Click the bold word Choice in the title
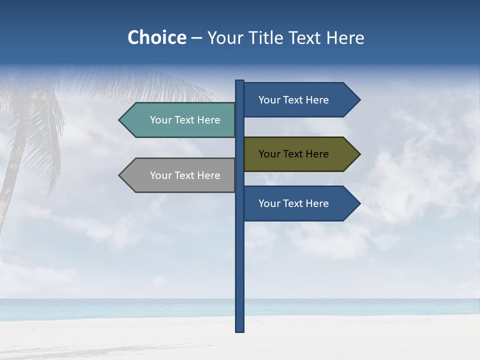click(x=156, y=37)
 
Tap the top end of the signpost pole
click(x=240, y=81)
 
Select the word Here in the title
click(x=345, y=37)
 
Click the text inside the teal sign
click(x=185, y=120)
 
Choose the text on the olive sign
click(x=293, y=154)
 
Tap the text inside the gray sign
click(x=185, y=175)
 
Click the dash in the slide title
click(x=196, y=38)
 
